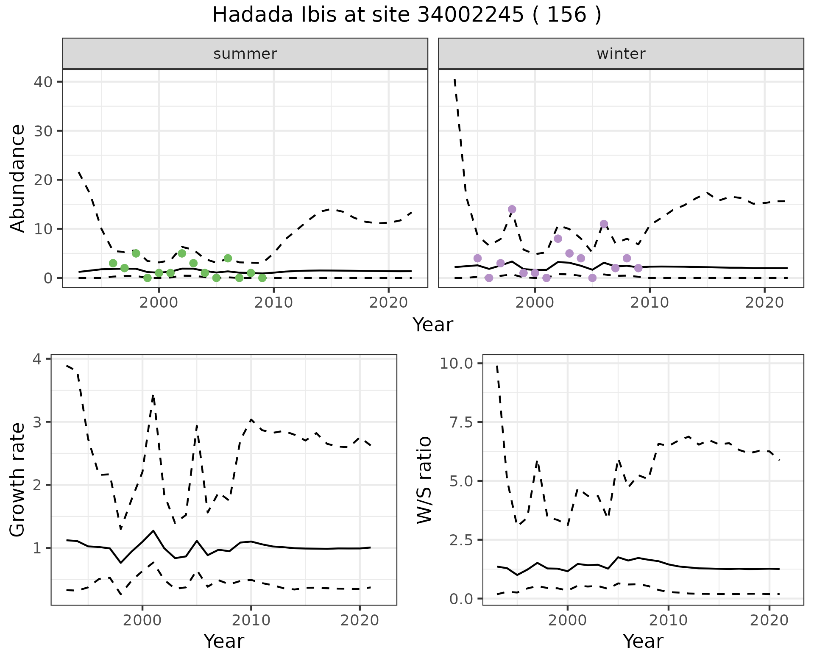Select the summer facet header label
coord(245,54)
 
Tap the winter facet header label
coord(621,54)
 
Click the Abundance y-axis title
coord(18,178)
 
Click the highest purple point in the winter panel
coord(512,209)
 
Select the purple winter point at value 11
coord(604,224)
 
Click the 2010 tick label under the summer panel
coord(274,303)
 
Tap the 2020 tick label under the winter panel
coord(764,303)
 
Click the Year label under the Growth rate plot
coord(224,641)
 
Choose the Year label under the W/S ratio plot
coord(643,641)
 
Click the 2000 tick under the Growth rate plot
coord(142,621)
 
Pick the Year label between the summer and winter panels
coord(433,325)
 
